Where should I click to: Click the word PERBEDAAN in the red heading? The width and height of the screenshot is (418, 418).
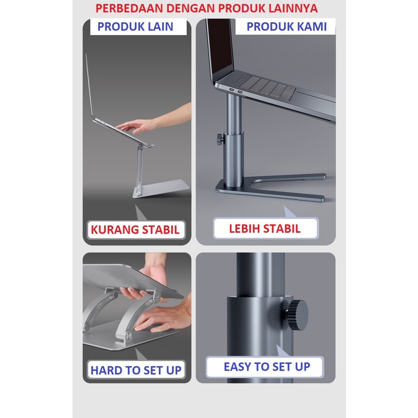pos(129,8)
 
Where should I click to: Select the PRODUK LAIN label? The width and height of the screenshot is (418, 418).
pos(135,27)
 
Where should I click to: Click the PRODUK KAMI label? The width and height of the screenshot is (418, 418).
pos(286,27)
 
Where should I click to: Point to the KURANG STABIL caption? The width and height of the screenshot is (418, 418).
pos(135,230)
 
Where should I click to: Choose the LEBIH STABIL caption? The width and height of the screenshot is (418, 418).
pos(265,229)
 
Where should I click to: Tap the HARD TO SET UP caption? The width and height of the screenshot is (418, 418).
pos(136,370)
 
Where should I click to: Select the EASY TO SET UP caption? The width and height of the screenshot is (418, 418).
pos(267,367)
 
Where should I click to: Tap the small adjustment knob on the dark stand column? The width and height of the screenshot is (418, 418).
pos(220,138)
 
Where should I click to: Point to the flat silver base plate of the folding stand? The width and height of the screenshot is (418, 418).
pos(161,189)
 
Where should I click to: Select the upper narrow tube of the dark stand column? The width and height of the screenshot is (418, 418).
pos(234,114)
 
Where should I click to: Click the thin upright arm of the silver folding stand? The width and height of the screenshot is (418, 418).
pos(140,167)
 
